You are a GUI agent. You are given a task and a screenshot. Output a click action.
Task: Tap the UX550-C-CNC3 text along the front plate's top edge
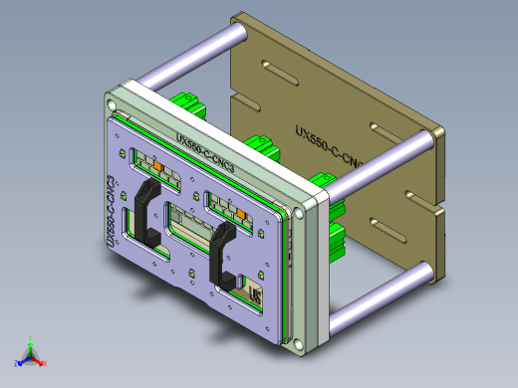pos(204,155)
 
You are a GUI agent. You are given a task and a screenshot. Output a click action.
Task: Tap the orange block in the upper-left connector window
pos(157,160)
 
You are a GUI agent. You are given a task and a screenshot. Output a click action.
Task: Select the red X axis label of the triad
pos(45,364)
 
